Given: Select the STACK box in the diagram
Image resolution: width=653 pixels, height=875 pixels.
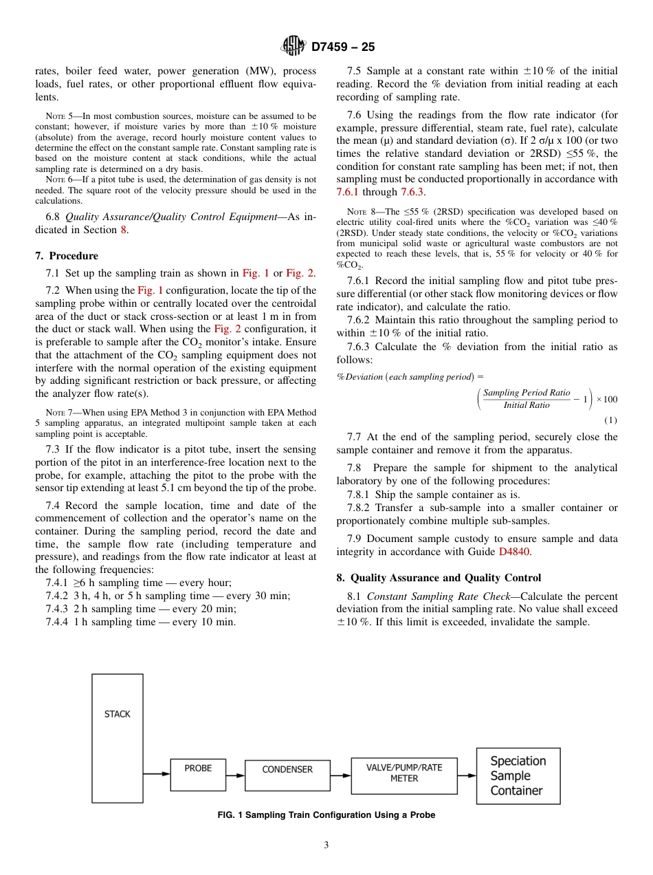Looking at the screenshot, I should tap(118, 738).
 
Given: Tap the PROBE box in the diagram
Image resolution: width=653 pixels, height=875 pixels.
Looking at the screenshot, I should tap(198, 774).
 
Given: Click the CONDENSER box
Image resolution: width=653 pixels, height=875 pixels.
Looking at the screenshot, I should tap(287, 775).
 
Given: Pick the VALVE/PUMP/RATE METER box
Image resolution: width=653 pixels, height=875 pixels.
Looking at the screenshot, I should tap(404, 773).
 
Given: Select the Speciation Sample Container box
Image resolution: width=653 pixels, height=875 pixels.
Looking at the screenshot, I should tap(518, 776).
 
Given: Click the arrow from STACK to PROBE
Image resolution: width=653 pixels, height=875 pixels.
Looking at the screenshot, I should tap(157, 775).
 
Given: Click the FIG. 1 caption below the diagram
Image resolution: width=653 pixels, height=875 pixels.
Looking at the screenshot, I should tap(326, 815).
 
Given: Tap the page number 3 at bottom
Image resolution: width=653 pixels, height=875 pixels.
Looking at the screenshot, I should tap(326, 845).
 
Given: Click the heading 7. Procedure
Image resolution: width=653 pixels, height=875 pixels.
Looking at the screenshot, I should tap(67, 256).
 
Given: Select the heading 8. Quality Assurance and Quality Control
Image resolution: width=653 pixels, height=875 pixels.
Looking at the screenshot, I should tap(439, 578).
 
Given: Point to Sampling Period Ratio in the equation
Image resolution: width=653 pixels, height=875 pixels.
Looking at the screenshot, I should tap(526, 393).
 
